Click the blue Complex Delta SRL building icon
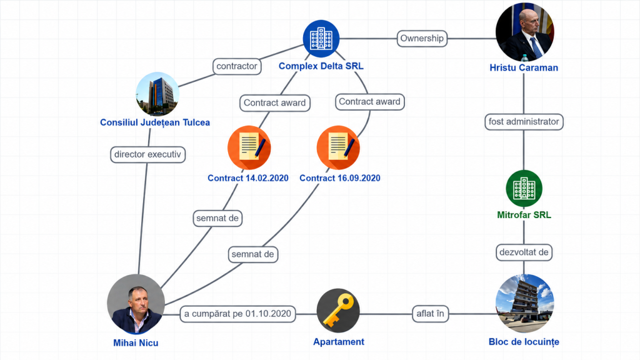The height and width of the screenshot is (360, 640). [321, 38]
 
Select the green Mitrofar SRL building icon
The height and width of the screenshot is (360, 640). [524, 188]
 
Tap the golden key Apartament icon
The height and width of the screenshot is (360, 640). [338, 310]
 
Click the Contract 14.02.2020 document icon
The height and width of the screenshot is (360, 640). [249, 147]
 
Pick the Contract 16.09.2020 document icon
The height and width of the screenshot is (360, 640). [338, 147]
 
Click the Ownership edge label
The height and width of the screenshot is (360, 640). [422, 38]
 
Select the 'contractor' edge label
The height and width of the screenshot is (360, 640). [237, 66]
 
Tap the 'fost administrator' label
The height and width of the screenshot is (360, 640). [524, 122]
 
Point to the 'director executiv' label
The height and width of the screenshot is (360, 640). [147, 155]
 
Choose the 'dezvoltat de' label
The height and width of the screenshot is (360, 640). [524, 252]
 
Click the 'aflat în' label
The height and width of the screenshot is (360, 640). [430, 314]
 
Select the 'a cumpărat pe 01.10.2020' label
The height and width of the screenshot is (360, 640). [237, 314]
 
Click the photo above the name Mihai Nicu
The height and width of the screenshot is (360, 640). [136, 304]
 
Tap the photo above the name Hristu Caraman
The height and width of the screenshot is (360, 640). [524, 32]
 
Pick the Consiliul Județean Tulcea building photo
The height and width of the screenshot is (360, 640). [157, 94]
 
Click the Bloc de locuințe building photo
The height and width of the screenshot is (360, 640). [524, 304]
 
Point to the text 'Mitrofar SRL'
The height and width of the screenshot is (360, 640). [524, 215]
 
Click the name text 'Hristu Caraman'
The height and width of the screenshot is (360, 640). [524, 67]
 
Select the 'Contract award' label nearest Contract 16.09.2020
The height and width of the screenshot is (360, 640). [370, 102]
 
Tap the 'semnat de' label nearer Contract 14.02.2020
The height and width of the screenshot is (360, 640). [217, 218]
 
